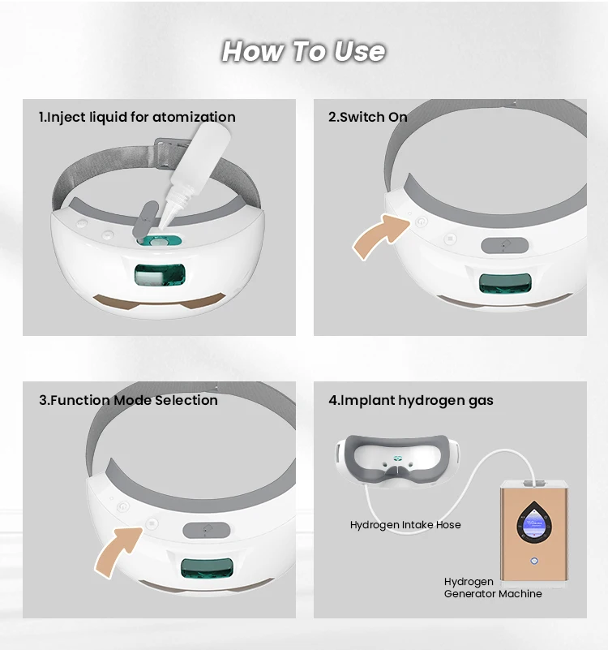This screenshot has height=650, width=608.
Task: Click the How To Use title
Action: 303,51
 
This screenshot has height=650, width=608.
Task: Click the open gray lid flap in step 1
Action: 145,218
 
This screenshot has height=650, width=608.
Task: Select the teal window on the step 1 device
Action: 160,275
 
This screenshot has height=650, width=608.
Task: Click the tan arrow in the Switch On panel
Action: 381,236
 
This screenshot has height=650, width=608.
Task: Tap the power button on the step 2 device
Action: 422,222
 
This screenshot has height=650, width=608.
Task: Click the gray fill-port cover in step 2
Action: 504,245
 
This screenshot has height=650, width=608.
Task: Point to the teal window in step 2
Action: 505,283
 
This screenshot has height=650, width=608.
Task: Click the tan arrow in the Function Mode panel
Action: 119,551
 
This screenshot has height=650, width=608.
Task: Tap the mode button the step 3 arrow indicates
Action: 152,523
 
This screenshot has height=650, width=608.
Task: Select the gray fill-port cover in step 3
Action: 206,530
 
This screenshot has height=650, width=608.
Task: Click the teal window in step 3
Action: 207,567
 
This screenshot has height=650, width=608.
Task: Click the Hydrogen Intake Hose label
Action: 405,525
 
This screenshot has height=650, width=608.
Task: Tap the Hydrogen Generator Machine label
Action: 493,588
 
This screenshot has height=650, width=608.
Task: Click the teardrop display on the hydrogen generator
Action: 534,523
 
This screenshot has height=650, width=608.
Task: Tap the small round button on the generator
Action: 534,561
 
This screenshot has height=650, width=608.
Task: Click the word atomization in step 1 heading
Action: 194,117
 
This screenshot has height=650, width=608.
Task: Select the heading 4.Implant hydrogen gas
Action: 411,400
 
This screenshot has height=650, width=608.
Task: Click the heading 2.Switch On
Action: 368,117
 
